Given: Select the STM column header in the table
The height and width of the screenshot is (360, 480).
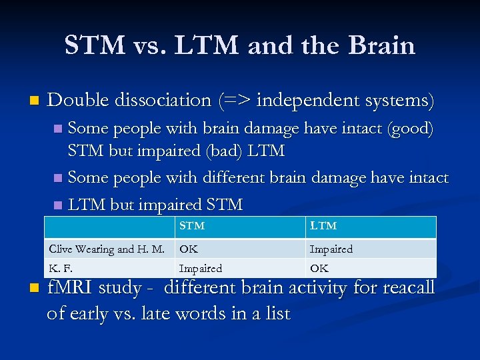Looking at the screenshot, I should [x=192, y=226].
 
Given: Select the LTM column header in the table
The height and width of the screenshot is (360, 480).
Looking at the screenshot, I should [x=323, y=226].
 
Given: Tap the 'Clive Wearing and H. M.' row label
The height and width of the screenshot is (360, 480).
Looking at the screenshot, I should [x=107, y=249].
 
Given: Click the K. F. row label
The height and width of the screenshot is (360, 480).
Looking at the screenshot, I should [x=61, y=268].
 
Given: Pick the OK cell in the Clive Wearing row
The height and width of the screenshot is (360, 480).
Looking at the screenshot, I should [x=189, y=249].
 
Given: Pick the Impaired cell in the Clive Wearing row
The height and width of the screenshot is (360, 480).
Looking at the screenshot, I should [x=331, y=249].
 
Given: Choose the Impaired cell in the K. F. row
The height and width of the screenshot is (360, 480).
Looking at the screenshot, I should [x=201, y=268].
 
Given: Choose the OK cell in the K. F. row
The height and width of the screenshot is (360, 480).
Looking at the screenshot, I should [x=319, y=268].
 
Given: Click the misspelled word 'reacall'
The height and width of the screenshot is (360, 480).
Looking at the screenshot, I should [x=404, y=288].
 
